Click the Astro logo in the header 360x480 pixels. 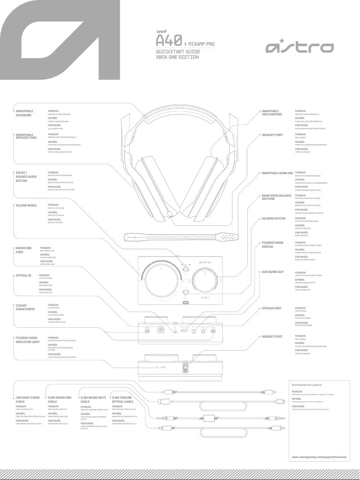tap(299, 47)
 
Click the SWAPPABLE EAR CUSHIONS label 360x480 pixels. tap(272, 112)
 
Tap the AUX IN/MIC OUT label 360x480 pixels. tap(272, 272)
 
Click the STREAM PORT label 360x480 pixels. tap(272, 308)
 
